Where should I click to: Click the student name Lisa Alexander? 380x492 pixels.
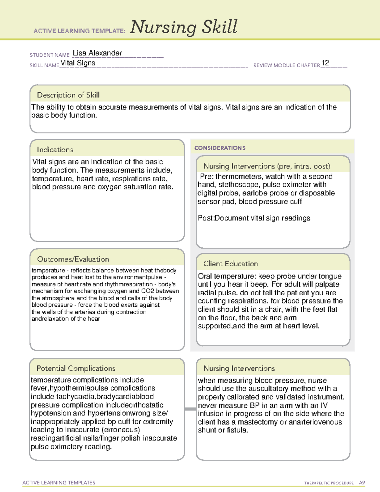[97, 53]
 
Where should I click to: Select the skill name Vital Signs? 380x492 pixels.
[78, 63]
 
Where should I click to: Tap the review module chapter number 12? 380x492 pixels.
[325, 63]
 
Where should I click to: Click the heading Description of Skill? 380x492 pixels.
[68, 95]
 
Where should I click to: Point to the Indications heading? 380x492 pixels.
[55, 150]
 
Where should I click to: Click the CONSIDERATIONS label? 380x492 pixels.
[220, 148]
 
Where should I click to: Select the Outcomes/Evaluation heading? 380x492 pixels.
[73, 259]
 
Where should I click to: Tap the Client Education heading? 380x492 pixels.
[231, 264]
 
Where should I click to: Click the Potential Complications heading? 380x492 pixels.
[76, 368]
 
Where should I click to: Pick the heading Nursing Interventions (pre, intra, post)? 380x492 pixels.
[267, 166]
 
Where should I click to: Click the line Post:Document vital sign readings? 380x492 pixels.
[254, 218]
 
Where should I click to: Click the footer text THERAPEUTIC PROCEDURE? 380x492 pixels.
[329, 483]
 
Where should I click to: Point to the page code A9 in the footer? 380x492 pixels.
[362, 483]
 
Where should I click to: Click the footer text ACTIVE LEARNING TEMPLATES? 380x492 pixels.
[59, 482]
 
